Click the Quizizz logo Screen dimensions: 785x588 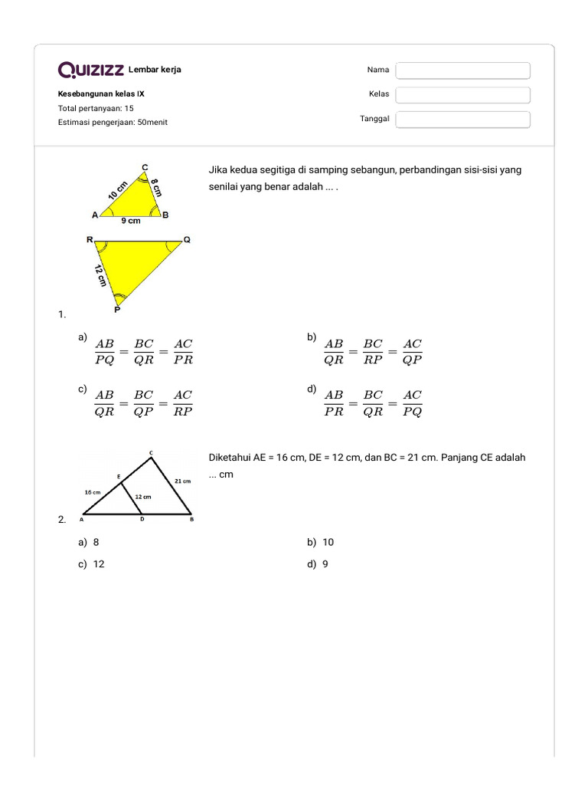[x=91, y=71]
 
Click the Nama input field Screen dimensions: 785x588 [x=462, y=71]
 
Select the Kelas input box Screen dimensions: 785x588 [x=462, y=95]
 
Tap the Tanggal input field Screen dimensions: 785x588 [x=462, y=120]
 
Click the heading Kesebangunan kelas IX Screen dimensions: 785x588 [x=101, y=94]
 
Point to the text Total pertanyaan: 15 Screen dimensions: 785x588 [x=96, y=108]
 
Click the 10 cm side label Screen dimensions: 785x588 [x=118, y=191]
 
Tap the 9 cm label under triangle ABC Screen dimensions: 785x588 [x=131, y=221]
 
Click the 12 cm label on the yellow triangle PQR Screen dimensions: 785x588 [x=101, y=275]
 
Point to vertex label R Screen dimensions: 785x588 [x=89, y=240]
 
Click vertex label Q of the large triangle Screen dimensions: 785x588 [x=187, y=240]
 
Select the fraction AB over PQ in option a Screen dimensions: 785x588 [x=105, y=352]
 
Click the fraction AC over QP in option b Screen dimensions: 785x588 [x=413, y=352]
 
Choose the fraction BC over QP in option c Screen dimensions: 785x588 [x=144, y=402]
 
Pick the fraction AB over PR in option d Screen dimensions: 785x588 [x=334, y=402]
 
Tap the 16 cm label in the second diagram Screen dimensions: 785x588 [x=93, y=491]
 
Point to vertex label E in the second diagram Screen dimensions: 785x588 [x=118, y=477]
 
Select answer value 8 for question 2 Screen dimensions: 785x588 [x=96, y=542]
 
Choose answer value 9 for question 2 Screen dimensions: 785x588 [x=325, y=564]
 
